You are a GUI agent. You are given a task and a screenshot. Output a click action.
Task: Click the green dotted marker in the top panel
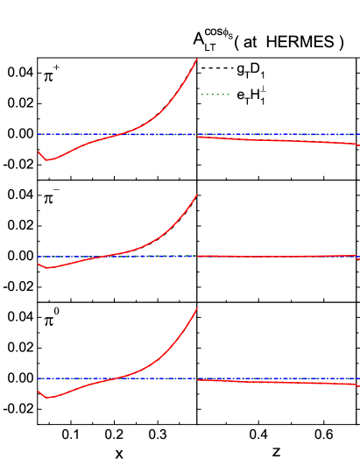pos(215,94)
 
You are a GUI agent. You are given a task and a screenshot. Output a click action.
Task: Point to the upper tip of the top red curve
pos(197,59)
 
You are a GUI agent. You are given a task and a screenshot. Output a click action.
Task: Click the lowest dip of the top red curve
pos(46,160)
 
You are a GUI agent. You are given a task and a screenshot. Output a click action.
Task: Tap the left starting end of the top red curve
pos(38,152)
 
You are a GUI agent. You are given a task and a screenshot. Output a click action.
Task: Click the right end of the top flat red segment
pos(359,145)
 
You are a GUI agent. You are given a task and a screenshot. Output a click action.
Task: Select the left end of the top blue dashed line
pos(38,134)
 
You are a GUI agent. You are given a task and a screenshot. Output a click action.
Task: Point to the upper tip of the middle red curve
pos(197,194)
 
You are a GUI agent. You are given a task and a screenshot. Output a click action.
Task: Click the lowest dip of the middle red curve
pos(47,268)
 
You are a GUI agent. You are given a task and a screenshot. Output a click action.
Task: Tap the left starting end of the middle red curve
pos(38,264)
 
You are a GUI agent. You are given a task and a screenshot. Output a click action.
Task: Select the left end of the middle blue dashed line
pos(38,256)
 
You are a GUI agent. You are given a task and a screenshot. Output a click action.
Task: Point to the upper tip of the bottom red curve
pos(197,307)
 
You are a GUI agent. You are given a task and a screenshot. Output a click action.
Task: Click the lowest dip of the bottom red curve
pos(47,398)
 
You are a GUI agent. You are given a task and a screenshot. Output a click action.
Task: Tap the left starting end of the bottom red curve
pos(38,391)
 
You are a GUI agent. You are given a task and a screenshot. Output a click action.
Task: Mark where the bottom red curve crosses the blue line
pos(115,378)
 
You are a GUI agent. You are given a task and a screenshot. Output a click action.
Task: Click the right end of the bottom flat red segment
pos(359,385)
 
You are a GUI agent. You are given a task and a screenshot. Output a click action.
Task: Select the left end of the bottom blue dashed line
pos(38,378)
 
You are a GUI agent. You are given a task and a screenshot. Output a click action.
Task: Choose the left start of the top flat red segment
pos(198,137)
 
